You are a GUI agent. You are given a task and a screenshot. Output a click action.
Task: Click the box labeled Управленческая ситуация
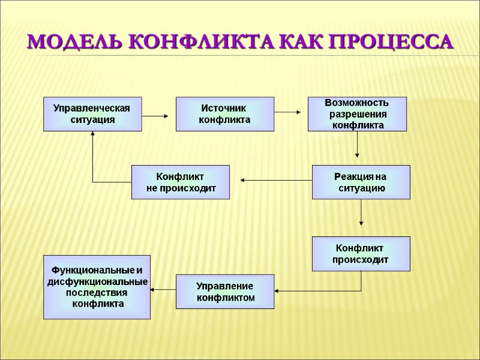(92, 114)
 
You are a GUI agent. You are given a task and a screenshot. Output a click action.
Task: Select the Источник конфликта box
(224, 114)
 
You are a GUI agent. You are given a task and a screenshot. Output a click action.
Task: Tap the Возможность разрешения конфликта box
(357, 114)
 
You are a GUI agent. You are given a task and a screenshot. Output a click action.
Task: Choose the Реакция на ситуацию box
(361, 182)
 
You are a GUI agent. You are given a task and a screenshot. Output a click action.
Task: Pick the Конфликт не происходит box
(181, 182)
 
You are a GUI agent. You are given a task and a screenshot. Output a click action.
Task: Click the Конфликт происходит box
(361, 253)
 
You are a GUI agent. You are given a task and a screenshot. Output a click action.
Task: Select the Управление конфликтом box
(224, 292)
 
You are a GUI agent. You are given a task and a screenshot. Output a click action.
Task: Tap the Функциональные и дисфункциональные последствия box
(97, 287)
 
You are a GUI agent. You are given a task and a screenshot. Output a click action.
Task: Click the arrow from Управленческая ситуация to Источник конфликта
(158, 114)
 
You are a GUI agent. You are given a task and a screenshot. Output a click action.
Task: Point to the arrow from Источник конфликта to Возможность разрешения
(290, 112)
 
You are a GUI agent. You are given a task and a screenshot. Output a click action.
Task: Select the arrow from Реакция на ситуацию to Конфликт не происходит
(276, 179)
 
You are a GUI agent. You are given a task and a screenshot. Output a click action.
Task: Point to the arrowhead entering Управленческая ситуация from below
(93, 135)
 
